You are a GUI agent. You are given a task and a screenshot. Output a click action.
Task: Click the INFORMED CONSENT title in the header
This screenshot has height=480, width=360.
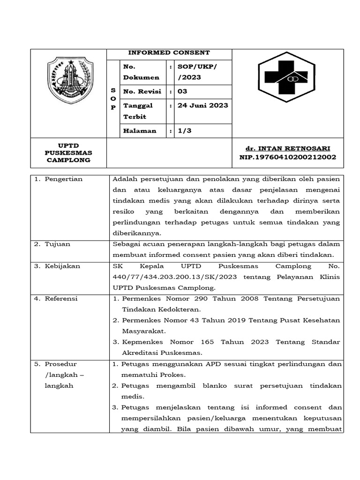(x=169, y=53)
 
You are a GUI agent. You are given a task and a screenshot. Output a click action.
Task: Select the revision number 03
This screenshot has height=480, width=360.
(x=182, y=91)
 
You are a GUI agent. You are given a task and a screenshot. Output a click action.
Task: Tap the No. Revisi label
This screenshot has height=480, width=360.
(x=142, y=91)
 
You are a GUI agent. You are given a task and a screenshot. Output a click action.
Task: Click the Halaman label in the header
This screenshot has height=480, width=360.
(x=139, y=131)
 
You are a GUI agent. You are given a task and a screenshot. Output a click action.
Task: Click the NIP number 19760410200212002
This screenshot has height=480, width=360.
(x=287, y=157)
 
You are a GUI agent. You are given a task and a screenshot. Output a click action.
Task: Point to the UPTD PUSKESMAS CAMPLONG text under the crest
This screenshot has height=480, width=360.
(x=68, y=153)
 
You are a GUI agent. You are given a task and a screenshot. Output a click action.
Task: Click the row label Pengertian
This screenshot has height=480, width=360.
(x=63, y=179)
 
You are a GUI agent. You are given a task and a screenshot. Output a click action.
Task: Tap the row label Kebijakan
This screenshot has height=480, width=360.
(x=62, y=266)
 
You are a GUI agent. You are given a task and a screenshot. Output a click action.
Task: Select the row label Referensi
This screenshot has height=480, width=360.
(x=61, y=299)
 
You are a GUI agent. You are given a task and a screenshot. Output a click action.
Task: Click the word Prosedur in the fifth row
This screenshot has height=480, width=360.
(x=61, y=364)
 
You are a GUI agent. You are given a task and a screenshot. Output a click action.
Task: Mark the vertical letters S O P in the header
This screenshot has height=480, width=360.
(x=112, y=98)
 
